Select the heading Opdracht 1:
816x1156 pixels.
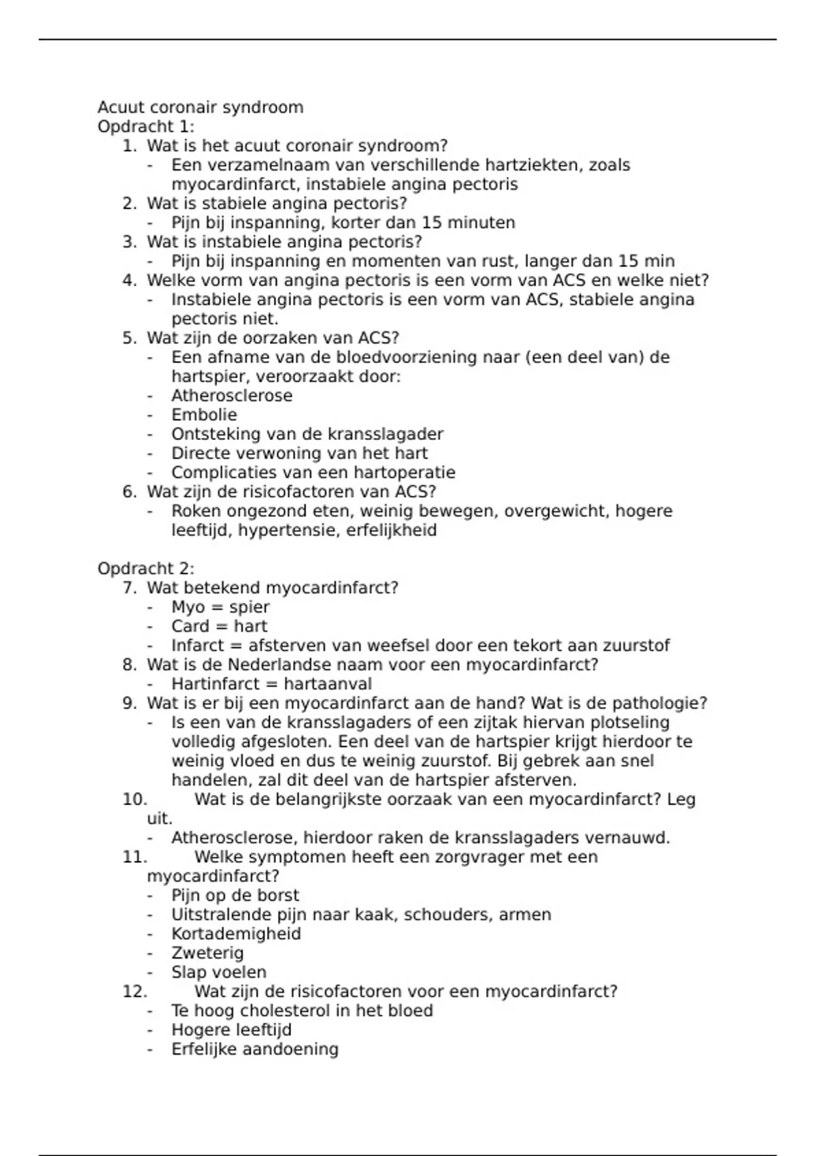pos(146,126)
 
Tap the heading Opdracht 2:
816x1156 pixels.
pos(146,568)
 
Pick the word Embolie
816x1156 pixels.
pos(204,415)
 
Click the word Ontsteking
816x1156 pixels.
pos(216,434)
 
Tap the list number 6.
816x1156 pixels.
pos(130,492)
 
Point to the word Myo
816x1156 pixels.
pos(188,607)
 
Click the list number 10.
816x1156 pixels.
pos(135,800)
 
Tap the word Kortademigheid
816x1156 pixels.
pos(236,934)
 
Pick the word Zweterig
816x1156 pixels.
pos(207,953)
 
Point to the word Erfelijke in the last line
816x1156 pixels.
pos(204,1049)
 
